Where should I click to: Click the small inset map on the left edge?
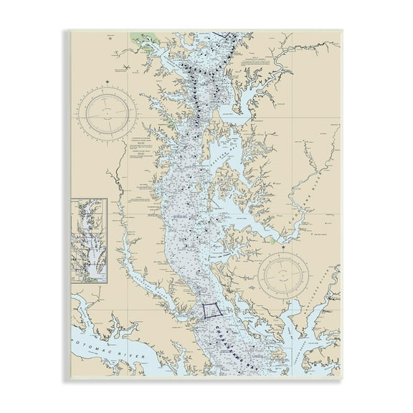click(x=89, y=234)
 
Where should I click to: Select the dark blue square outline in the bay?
click(x=211, y=310)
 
